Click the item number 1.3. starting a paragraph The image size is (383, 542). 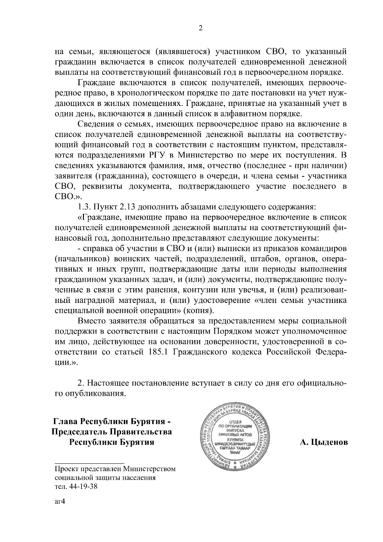click(x=85, y=207)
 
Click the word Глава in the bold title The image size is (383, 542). click(x=65, y=421)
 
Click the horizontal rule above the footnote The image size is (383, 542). click(x=89, y=463)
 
